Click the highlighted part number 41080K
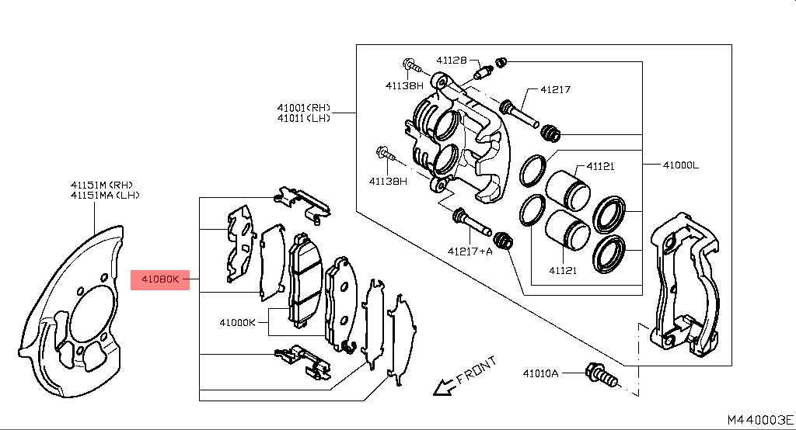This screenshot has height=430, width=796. coord(159,279)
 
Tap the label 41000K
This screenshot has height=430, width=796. coord(237,321)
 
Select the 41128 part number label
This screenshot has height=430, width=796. coord(451,60)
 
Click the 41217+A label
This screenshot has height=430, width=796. coord(470,251)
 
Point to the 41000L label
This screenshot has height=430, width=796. coord(681,165)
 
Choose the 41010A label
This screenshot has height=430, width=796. coord(540,373)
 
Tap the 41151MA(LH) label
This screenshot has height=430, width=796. coord(105,196)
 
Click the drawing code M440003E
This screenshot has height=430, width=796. coord(759,420)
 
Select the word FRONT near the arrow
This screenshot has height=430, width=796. coord(477,371)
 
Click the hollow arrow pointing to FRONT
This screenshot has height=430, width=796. coord(445,386)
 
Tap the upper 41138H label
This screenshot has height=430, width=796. coord(404,85)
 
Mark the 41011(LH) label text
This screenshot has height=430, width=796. coord(303,118)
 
